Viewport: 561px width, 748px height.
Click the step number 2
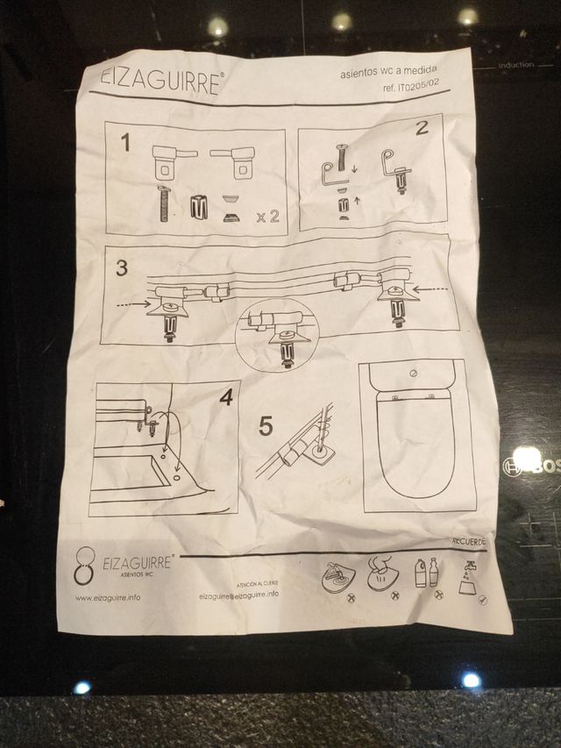(422, 128)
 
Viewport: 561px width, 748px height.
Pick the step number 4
(225, 397)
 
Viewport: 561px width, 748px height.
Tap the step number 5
(266, 427)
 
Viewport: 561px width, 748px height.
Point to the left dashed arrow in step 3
(136, 303)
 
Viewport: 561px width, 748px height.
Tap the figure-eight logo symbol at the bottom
(84, 566)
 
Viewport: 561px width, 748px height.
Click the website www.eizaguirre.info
(108, 598)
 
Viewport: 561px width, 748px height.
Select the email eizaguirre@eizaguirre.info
(239, 594)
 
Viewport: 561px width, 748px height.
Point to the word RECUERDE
(468, 541)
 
